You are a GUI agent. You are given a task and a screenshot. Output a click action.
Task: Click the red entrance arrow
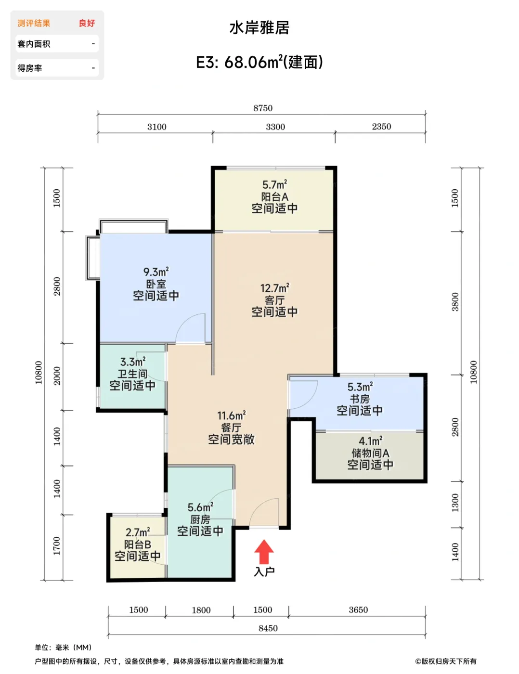[263, 552]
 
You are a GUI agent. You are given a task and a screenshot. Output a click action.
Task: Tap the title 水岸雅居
[259, 27]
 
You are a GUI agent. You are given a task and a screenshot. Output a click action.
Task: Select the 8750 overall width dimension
[262, 108]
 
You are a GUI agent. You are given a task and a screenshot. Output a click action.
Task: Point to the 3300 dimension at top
[275, 127]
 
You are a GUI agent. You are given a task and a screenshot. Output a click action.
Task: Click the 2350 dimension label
[381, 126]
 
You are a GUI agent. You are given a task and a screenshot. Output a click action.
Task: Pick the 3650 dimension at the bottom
[358, 609]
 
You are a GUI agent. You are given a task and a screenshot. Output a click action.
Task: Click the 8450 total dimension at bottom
[268, 628]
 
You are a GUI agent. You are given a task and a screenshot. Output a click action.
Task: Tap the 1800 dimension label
[201, 610]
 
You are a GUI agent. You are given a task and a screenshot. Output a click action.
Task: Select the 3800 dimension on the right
[454, 302]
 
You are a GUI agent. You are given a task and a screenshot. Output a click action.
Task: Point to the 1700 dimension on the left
[56, 546]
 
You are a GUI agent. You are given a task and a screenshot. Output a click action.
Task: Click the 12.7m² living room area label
[274, 288]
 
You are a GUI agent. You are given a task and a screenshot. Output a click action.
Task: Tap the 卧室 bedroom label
[156, 284]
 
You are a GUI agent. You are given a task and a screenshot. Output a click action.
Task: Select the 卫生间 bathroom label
[132, 374]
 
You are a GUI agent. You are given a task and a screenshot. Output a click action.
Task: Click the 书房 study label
[360, 399]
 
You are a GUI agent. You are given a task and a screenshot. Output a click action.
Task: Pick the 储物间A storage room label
[370, 453]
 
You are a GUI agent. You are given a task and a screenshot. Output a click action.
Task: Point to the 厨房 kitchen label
[200, 519]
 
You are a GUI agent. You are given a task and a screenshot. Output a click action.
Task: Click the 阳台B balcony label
[137, 544]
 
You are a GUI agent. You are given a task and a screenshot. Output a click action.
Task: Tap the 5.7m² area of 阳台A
[274, 184]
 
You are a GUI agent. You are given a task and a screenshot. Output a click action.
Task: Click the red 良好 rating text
[87, 23]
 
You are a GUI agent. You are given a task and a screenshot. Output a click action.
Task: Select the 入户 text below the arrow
[264, 571]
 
